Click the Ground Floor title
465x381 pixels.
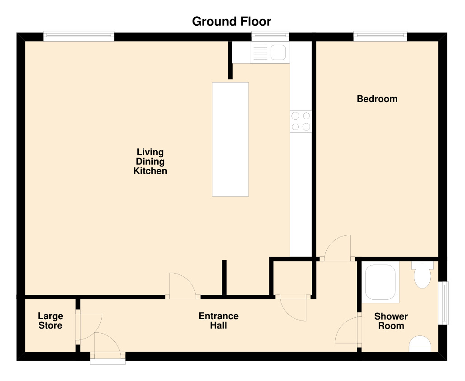[x=231, y=21]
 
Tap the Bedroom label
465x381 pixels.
[x=377, y=99]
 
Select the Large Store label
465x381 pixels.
[x=50, y=321]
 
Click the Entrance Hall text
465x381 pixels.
[x=218, y=321]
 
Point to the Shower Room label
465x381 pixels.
[x=391, y=321]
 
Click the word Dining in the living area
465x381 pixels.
[x=150, y=162]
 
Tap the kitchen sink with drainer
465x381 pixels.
[x=270, y=53]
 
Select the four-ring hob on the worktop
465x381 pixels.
[x=301, y=121]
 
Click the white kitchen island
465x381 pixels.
[x=230, y=139]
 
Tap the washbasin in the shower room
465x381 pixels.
[x=420, y=344]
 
